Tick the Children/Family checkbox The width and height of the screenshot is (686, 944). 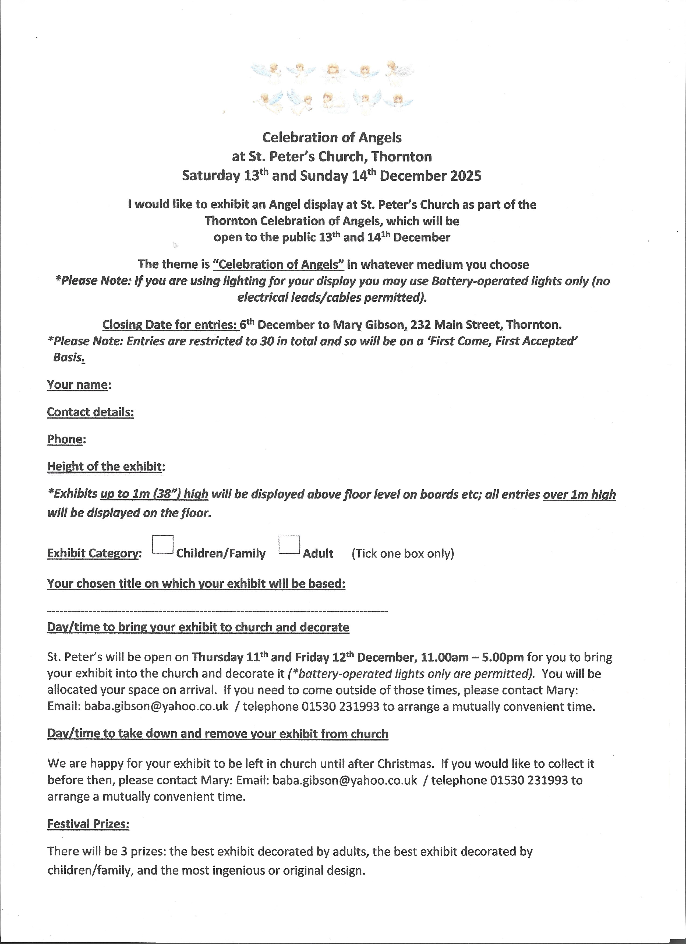pyautogui.click(x=163, y=545)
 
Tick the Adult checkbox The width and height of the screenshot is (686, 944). pyautogui.click(x=289, y=545)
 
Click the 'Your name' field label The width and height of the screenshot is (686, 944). pyautogui.click(x=78, y=385)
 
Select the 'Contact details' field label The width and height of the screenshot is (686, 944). pyautogui.click(x=90, y=412)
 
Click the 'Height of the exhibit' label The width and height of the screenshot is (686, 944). pyautogui.click(x=104, y=466)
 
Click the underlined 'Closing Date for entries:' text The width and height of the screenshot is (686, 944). pyautogui.click(x=170, y=324)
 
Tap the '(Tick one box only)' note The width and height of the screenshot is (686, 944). pyautogui.click(x=403, y=554)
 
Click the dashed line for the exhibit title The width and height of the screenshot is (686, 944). pyautogui.click(x=218, y=611)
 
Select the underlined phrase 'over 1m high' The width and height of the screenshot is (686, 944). pyautogui.click(x=579, y=494)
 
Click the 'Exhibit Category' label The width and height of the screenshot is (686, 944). pyautogui.click(x=93, y=554)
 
